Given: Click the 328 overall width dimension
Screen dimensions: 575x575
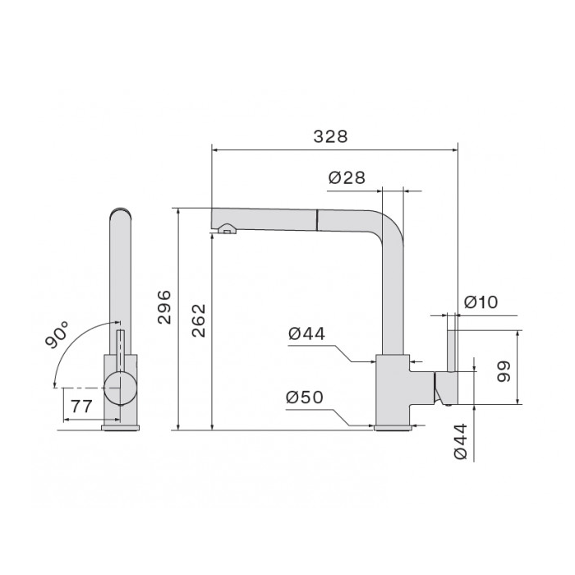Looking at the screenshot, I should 330,137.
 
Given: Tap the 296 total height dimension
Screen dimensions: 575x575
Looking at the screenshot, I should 164,306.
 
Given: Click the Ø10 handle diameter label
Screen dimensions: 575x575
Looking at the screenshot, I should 481,302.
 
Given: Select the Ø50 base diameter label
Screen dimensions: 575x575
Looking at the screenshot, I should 305,398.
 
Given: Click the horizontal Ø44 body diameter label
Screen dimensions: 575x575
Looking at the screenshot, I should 307,333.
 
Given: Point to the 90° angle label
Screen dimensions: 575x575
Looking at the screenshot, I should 60,336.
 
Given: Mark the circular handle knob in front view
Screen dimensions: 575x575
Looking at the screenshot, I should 121,387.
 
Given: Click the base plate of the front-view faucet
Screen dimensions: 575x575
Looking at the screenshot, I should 121,426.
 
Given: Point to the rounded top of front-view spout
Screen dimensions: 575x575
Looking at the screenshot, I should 121,213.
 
